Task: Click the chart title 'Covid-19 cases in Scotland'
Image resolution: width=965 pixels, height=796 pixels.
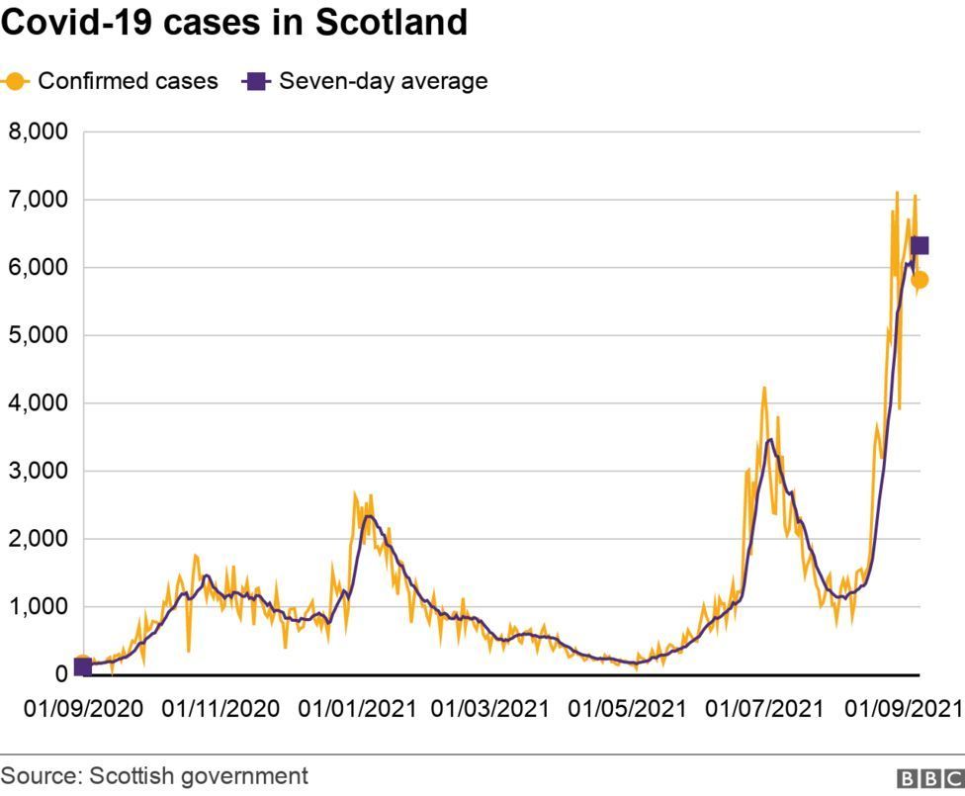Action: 234,22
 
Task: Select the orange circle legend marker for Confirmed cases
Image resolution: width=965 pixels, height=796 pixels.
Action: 16,81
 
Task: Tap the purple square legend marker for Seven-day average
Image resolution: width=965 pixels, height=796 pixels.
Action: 255,81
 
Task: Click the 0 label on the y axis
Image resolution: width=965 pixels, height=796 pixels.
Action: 61,674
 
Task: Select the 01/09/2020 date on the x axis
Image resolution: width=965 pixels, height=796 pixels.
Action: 83,709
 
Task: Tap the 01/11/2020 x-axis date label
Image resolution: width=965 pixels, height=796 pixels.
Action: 220,709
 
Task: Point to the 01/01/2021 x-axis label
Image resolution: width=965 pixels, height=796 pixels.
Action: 358,709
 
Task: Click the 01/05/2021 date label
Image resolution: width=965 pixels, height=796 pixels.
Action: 627,709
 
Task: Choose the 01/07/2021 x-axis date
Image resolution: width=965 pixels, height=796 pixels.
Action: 763,709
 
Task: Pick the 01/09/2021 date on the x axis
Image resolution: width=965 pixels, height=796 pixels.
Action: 903,709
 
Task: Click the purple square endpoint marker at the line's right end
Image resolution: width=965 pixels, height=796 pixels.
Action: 920,246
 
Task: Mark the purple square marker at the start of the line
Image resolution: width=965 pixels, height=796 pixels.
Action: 83,666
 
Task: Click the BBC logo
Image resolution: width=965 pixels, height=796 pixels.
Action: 930,778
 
